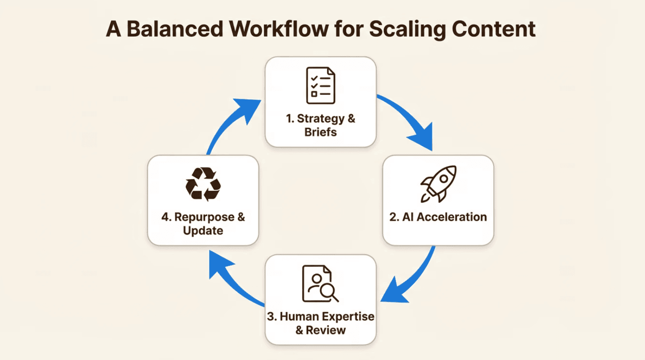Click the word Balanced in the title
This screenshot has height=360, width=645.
pyautogui.click(x=174, y=29)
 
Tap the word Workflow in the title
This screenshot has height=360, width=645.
pyautogui.click(x=277, y=29)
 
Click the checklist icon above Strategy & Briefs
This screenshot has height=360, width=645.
pyautogui.click(x=320, y=85)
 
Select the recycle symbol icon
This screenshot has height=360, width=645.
pyautogui.click(x=203, y=184)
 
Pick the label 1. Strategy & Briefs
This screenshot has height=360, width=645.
pyautogui.click(x=320, y=126)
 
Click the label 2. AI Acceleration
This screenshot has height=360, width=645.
pyautogui.click(x=438, y=217)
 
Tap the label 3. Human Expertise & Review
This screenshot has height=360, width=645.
pyautogui.click(x=320, y=323)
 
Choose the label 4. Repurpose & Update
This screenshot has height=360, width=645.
pyautogui.click(x=203, y=224)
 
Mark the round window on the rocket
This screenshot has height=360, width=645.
pyautogui.click(x=443, y=179)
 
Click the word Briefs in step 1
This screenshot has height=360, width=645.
pyautogui.click(x=320, y=133)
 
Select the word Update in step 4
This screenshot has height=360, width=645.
pyautogui.click(x=203, y=231)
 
